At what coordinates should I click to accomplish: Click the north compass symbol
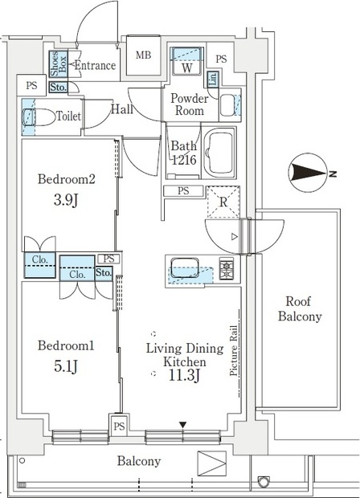[x=308, y=173]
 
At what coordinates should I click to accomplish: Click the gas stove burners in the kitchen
[x=227, y=268]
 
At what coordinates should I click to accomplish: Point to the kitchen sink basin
[x=185, y=267]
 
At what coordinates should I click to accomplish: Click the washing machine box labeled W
[x=187, y=61]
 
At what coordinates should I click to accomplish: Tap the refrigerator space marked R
[x=223, y=202]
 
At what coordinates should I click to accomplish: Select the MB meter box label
[x=143, y=55]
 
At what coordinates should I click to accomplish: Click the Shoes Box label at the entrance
[x=59, y=63]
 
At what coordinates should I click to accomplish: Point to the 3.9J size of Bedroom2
[x=66, y=200]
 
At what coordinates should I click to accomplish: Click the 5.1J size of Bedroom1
[x=66, y=366]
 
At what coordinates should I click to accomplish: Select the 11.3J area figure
[x=184, y=376]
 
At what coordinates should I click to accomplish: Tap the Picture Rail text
[x=234, y=351]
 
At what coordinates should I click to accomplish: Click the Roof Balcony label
[x=300, y=308]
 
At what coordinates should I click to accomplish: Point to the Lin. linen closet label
[x=213, y=79]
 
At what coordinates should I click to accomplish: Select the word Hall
[x=121, y=109]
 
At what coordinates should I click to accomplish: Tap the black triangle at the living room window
[x=182, y=425]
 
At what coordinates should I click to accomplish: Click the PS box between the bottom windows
[x=119, y=426]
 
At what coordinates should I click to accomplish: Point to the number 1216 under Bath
[x=184, y=160]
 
